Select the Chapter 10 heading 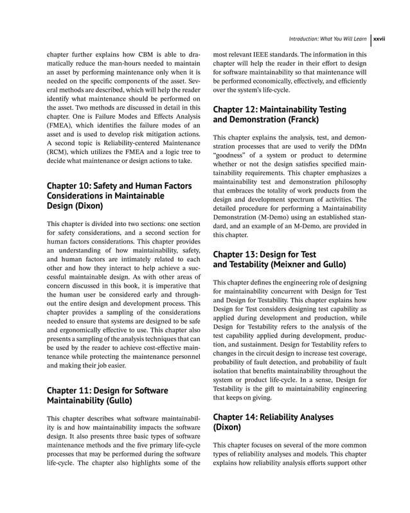pos(119,196)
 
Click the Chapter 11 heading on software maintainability pos(107,396)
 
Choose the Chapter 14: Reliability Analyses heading pos(273,422)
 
